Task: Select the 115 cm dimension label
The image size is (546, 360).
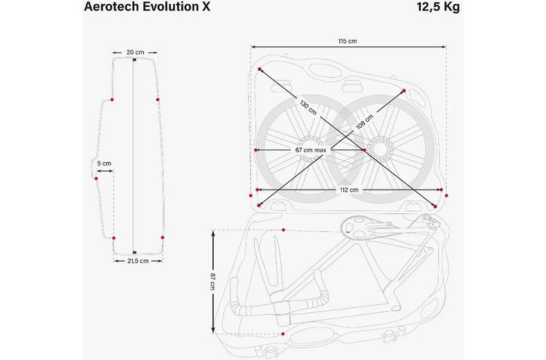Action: pyautogui.click(x=347, y=42)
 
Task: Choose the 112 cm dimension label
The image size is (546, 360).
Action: pyautogui.click(x=348, y=189)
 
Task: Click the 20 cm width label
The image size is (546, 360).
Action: pyautogui.click(x=135, y=52)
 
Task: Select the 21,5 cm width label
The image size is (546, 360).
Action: pyautogui.click(x=138, y=261)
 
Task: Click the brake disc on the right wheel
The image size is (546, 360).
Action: pyautogui.click(x=380, y=147)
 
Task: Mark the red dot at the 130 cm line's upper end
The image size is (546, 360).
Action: pyautogui.click(x=260, y=70)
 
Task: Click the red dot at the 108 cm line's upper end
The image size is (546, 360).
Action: pyautogui.click(x=404, y=90)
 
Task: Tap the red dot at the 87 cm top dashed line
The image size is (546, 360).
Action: pyautogui.click(x=284, y=229)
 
